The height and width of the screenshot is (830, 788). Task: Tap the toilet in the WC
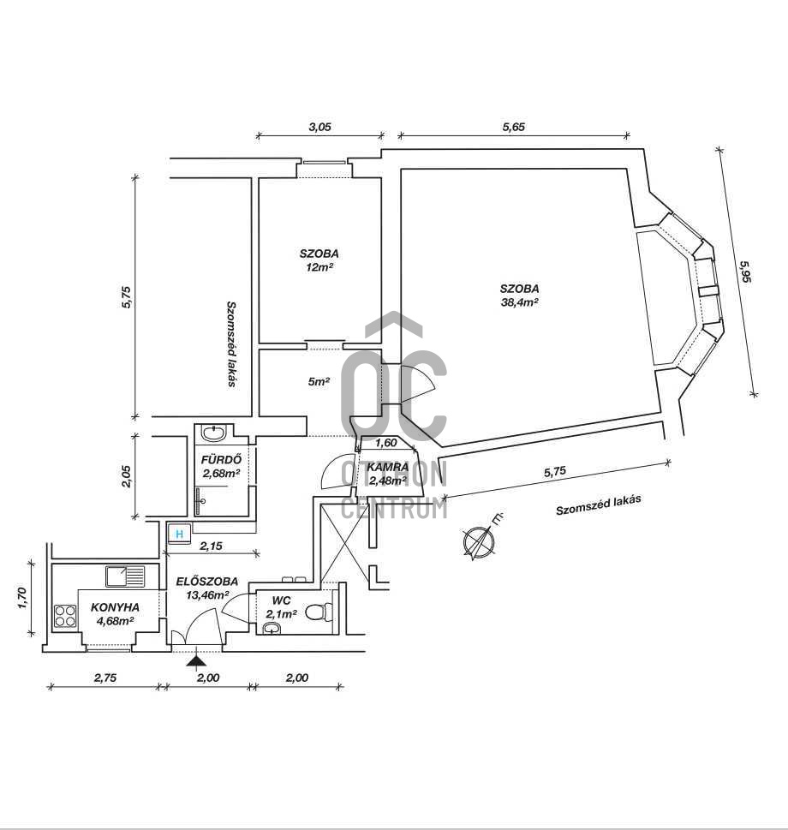coord(318,612)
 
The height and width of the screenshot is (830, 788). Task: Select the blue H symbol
coord(180,534)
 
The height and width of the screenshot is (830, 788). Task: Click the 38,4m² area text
coord(520,302)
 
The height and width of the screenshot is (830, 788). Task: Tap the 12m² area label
coord(319,267)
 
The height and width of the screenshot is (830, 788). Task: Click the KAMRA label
coord(388,467)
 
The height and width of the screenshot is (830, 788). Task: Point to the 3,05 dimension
coord(319,126)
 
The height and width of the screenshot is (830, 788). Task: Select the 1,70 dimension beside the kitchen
coord(23,597)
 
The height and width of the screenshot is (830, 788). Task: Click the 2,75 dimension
coord(104,678)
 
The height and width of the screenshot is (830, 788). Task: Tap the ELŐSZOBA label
coord(207,582)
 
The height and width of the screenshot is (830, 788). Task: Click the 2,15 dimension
coord(212,545)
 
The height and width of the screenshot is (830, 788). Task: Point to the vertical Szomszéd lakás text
coord(231,343)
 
